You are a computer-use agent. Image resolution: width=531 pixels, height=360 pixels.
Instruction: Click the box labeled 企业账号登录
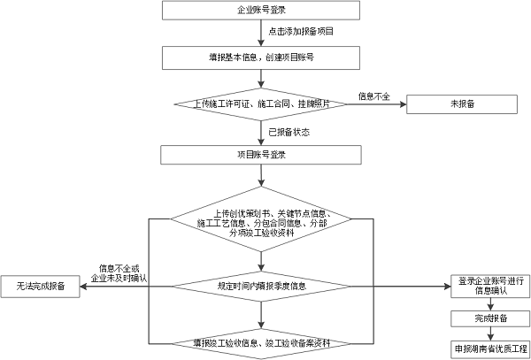[x=261, y=11]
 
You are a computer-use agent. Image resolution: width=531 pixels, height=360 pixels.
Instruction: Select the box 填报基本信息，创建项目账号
[x=261, y=56]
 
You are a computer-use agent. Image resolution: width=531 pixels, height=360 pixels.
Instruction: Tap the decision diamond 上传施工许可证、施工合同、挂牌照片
[x=261, y=104]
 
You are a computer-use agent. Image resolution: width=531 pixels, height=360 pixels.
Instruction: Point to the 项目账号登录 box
[x=261, y=154]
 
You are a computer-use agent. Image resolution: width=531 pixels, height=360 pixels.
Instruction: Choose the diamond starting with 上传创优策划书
[x=261, y=225]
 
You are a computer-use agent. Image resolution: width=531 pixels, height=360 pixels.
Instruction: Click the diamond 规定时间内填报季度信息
[x=261, y=286]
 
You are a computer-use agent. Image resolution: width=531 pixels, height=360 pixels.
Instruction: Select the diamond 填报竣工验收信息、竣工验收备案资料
[x=261, y=341]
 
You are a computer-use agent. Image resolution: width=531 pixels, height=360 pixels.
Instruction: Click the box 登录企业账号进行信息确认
[x=490, y=286]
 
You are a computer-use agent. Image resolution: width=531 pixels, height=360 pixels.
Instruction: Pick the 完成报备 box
[x=490, y=318]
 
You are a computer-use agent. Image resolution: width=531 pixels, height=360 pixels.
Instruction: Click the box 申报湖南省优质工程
[x=490, y=348]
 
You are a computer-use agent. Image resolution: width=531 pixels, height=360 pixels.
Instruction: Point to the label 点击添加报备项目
[x=300, y=32]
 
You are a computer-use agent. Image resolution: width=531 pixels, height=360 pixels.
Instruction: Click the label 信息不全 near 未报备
[x=373, y=96]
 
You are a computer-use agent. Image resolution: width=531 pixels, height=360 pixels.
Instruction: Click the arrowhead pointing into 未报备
[x=403, y=104]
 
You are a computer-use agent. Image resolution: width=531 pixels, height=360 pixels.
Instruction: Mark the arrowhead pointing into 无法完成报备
[x=83, y=286]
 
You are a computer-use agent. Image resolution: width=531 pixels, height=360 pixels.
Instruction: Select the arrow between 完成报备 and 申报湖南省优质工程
[x=490, y=333]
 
